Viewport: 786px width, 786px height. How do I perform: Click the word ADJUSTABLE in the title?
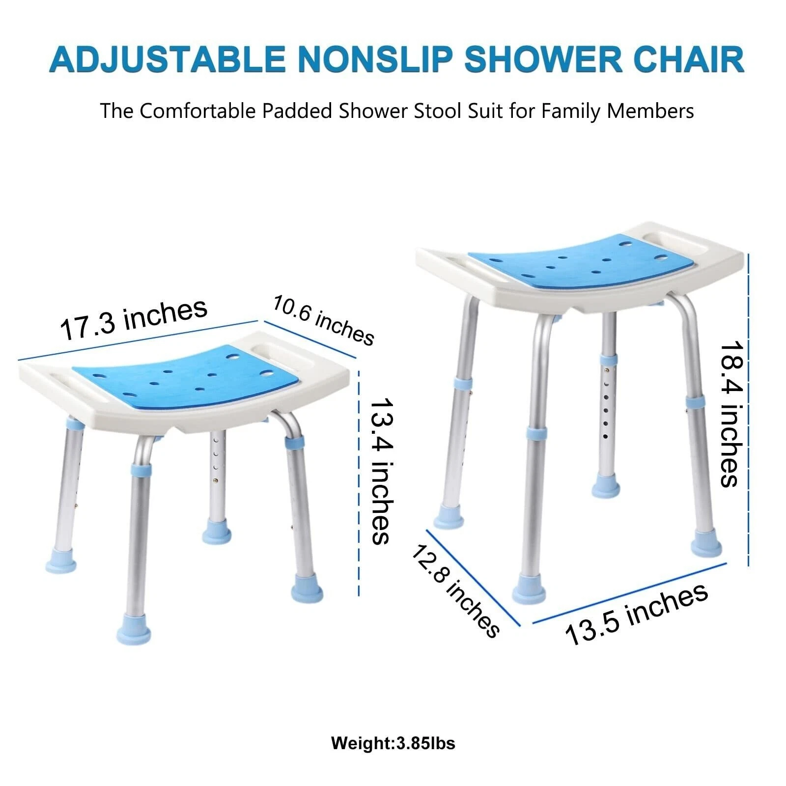[x=167, y=59]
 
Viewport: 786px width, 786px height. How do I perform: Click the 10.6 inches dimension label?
[x=323, y=320]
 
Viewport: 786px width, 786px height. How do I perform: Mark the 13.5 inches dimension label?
[x=637, y=614]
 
